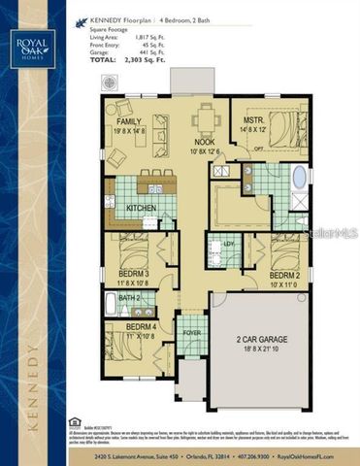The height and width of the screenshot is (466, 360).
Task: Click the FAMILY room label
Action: pos(130,122)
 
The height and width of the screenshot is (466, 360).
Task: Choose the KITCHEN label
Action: pos(142,208)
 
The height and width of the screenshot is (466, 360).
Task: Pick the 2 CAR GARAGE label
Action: pos(262,339)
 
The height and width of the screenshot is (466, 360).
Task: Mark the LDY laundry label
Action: pos(230,244)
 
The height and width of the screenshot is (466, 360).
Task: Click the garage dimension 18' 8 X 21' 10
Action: pos(262,348)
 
